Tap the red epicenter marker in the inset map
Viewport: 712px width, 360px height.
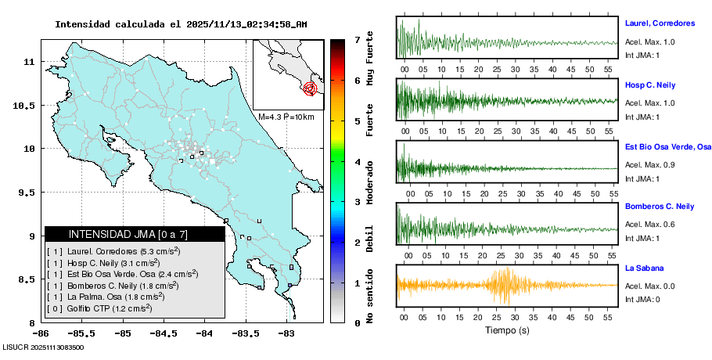(x=311, y=88)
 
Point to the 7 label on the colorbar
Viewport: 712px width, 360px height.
(x=356, y=39)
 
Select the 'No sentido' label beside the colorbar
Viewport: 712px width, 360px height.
(x=370, y=297)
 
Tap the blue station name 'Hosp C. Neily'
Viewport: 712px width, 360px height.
(x=649, y=85)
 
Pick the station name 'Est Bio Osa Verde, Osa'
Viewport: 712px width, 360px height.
(x=667, y=146)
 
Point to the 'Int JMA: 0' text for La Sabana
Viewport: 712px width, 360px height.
(x=642, y=299)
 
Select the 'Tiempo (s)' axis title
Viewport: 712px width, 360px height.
(x=506, y=330)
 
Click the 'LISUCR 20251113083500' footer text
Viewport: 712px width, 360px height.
(x=44, y=347)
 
